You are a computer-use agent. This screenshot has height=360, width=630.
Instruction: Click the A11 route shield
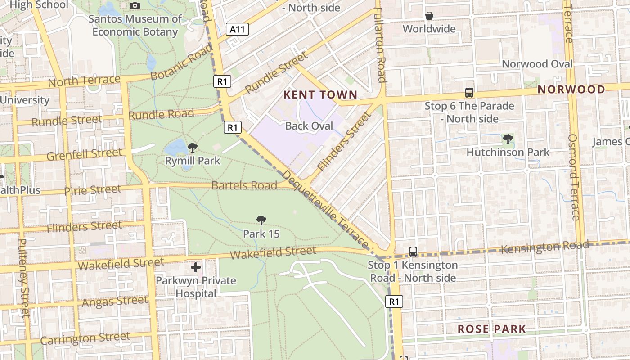click(237, 30)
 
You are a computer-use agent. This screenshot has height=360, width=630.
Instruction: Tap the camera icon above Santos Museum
click(135, 6)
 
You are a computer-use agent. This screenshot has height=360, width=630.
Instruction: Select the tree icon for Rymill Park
click(193, 147)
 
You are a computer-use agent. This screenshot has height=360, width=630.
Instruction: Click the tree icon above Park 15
click(261, 220)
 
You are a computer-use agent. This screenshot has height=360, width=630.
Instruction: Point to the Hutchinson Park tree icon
click(508, 139)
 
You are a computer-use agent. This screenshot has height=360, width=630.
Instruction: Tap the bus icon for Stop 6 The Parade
click(469, 93)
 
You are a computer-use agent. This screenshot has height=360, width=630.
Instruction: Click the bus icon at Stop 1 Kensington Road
click(413, 252)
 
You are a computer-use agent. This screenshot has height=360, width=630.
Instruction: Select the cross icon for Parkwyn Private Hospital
click(196, 268)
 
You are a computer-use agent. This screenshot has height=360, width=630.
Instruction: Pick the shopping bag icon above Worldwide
click(429, 16)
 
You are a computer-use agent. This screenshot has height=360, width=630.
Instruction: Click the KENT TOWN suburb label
click(320, 95)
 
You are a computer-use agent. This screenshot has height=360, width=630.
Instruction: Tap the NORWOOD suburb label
click(571, 90)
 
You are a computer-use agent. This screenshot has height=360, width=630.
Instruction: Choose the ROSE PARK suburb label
click(491, 329)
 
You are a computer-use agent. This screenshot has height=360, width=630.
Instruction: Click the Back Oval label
click(309, 126)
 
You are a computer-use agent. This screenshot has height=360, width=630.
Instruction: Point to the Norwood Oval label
click(537, 64)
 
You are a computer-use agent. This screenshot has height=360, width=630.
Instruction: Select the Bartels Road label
click(244, 185)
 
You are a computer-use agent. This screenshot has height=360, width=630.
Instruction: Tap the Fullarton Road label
click(380, 45)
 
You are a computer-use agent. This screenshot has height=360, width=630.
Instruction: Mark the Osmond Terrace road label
click(573, 177)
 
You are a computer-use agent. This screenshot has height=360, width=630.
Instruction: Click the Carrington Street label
click(85, 338)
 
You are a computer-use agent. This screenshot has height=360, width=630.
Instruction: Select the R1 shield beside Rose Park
click(394, 301)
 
